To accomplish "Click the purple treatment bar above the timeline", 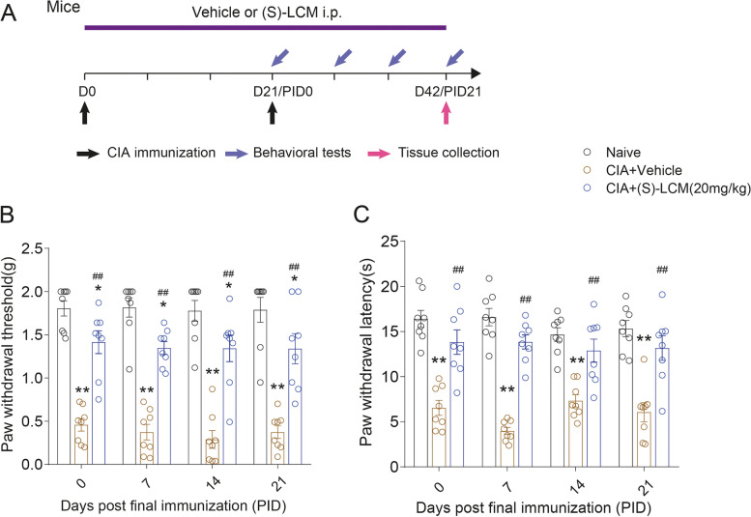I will point(266,28).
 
